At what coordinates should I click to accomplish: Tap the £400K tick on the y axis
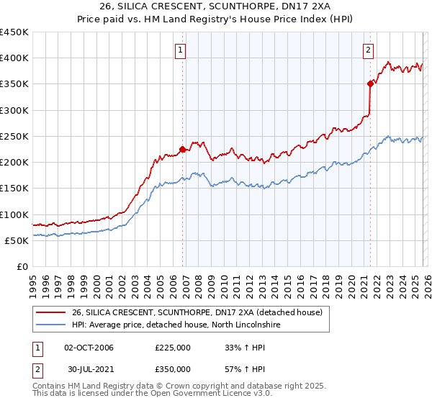pos(14,58)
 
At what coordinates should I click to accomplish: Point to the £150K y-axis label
pos(14,189)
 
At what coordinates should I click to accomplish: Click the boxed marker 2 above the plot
pos(368,50)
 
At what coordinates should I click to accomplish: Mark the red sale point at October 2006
pos(182,150)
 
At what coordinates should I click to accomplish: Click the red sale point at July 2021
pos(370,84)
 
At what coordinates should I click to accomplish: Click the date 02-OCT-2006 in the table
pos(89,348)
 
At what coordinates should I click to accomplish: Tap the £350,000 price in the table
pos(173,368)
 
